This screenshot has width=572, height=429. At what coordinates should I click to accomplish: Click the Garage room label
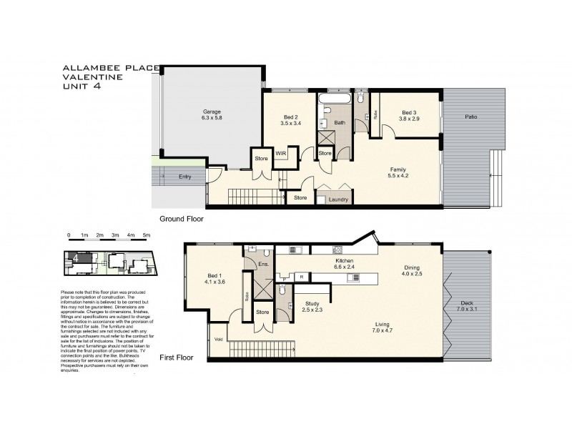tap(210, 112)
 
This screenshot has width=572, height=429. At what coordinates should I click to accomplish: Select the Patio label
tap(470, 117)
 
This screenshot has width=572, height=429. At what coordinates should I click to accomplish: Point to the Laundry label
tap(338, 199)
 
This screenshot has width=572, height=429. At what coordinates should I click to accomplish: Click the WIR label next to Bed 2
tap(281, 153)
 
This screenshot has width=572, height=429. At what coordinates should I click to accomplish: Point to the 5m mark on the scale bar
tap(147, 235)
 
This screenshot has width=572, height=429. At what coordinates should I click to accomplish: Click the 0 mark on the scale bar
tap(69, 235)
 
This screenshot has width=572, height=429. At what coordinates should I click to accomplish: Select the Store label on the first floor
tap(262, 312)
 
